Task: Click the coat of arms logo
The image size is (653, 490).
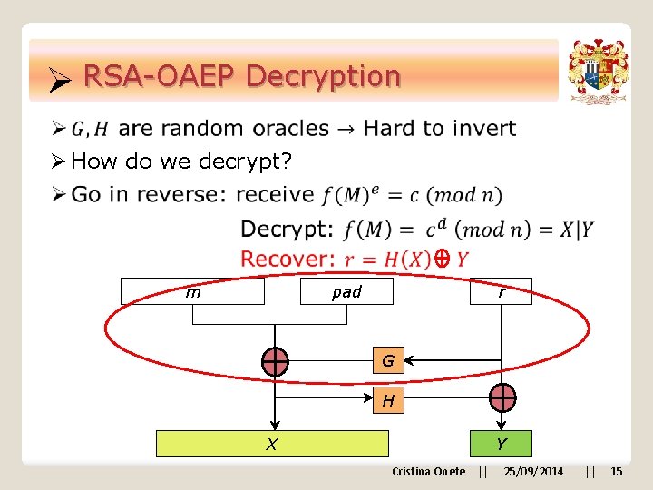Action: click(598, 72)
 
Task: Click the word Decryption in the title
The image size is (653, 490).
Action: click(322, 76)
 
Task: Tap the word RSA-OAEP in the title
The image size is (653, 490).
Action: click(160, 76)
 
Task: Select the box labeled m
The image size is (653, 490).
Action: click(192, 291)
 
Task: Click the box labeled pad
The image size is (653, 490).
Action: click(346, 291)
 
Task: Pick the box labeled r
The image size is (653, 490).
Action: click(501, 291)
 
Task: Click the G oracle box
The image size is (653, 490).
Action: click(388, 361)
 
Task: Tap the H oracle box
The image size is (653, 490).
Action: click(388, 399)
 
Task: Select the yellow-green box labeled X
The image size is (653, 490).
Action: click(272, 444)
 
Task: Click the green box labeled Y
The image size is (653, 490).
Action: click(501, 444)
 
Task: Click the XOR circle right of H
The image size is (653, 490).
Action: click(502, 397)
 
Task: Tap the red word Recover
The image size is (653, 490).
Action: click(288, 259)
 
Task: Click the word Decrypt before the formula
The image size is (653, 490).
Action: click(287, 230)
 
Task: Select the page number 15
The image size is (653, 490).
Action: click(617, 471)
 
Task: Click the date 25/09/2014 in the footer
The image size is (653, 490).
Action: click(533, 471)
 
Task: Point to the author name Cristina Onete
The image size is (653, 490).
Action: click(428, 471)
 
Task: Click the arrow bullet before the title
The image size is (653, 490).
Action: click(59, 83)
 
